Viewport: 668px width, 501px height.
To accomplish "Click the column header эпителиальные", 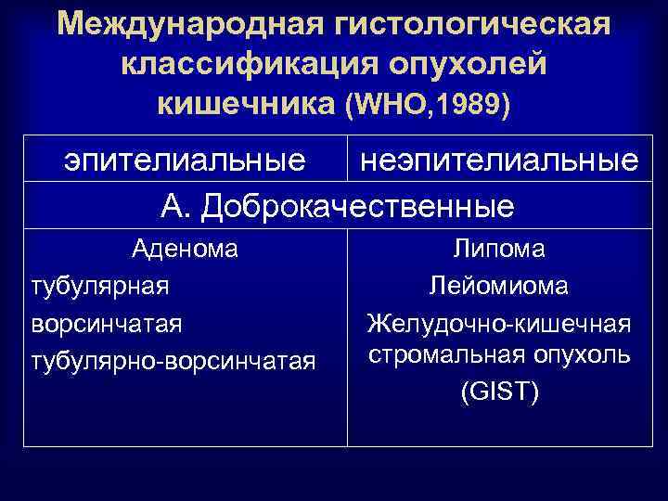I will click(185, 160).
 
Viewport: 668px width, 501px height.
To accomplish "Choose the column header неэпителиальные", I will click(499, 160).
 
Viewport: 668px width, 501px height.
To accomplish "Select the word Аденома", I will click(185, 250).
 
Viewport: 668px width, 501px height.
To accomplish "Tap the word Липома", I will click(499, 250).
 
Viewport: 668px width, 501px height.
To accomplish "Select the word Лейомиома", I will click(499, 286).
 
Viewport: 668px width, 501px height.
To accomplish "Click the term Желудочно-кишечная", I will click(499, 323).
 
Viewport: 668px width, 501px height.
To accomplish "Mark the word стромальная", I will click(446, 356).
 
